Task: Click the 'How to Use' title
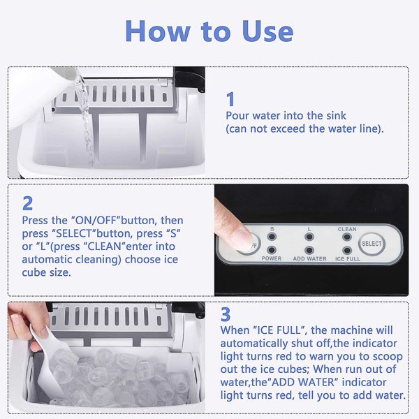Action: click(209, 31)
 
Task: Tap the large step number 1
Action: click(231, 98)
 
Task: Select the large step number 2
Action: click(27, 203)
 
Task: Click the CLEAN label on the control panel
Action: click(347, 228)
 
